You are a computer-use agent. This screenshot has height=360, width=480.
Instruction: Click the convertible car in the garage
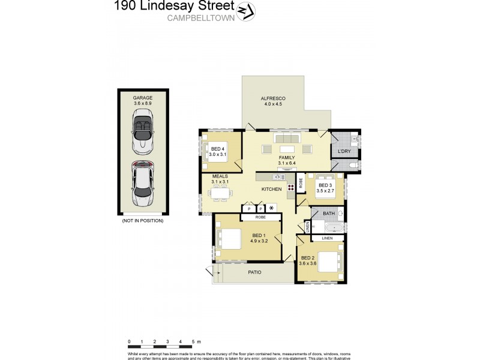[143, 134]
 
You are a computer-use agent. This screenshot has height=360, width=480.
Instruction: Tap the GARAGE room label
[143, 97]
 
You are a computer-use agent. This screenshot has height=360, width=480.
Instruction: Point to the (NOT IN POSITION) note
[143, 221]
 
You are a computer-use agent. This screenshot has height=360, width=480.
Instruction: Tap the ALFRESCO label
[272, 98]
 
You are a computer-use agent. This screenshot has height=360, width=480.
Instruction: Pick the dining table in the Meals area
[220, 193]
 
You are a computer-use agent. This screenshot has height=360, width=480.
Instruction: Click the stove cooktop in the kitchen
[291, 187]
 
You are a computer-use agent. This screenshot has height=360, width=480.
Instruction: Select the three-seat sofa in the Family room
[287, 139]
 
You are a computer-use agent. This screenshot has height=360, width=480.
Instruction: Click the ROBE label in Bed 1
[260, 217]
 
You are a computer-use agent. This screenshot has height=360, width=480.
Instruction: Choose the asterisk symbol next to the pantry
[272, 208]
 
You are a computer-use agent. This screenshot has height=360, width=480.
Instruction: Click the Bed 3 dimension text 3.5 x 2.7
[325, 192]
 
